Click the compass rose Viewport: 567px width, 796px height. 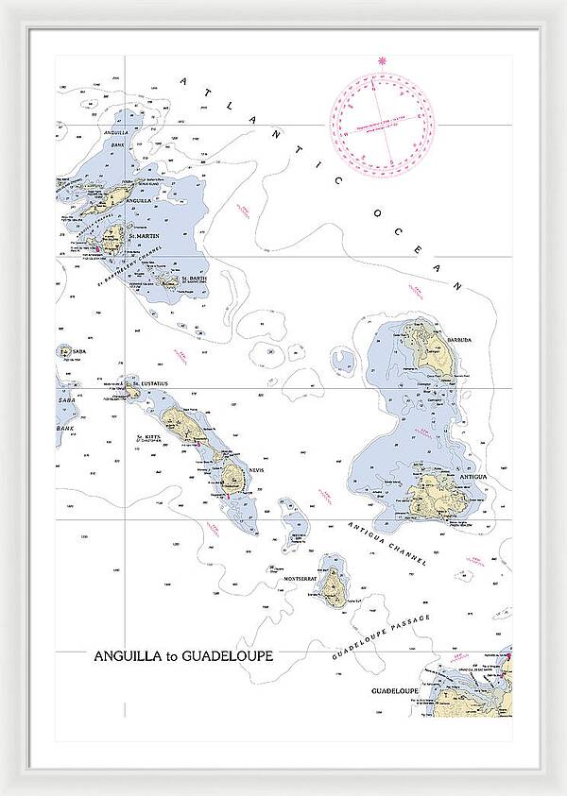coord(382,124)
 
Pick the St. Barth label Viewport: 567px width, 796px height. coord(193,278)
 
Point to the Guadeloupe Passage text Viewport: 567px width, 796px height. coord(381,635)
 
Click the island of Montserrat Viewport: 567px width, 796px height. coord(333,587)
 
